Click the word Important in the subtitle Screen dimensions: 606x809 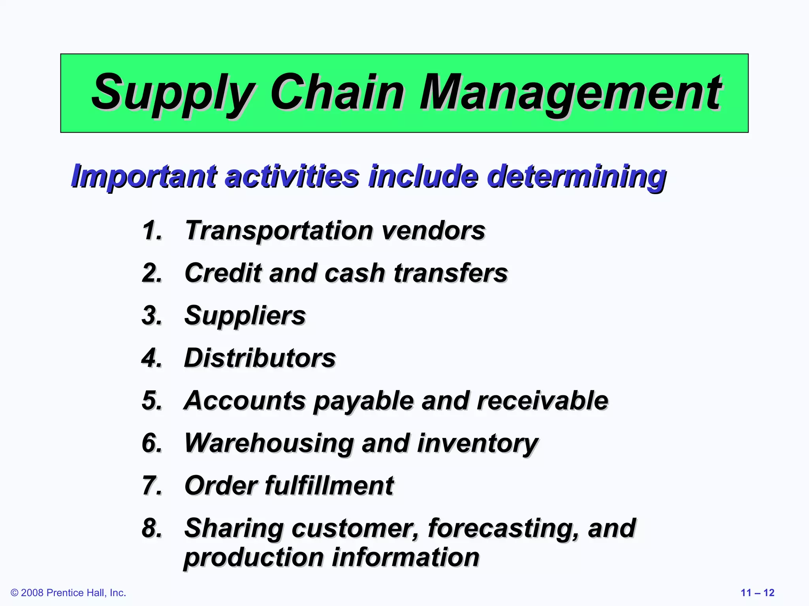pos(144,176)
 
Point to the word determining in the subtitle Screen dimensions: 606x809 pos(576,177)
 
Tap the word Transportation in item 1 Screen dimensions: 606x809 pos(279,230)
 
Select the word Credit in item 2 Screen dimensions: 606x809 pos(223,273)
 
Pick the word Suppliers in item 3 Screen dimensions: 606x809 pos(245,316)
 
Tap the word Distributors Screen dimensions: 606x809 pos(260,358)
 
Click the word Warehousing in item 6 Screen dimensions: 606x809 pos(269,443)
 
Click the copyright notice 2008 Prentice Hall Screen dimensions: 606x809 pos(68,593)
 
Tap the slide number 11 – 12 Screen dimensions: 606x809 pos(757,593)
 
